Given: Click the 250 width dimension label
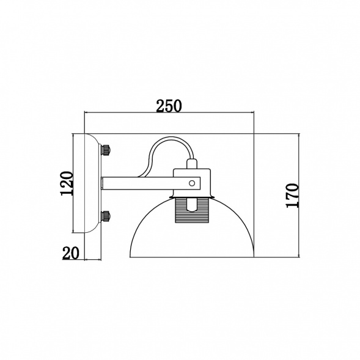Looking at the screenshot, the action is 169,106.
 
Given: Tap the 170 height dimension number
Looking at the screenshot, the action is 293,196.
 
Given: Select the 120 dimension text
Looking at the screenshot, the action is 67,183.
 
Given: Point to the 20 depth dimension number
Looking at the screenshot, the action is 71,253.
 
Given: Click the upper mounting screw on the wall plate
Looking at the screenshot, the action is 106,150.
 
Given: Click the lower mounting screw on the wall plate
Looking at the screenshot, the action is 106,216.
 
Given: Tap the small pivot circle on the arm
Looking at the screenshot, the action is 192,183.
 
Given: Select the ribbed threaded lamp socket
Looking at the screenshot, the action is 192,210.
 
